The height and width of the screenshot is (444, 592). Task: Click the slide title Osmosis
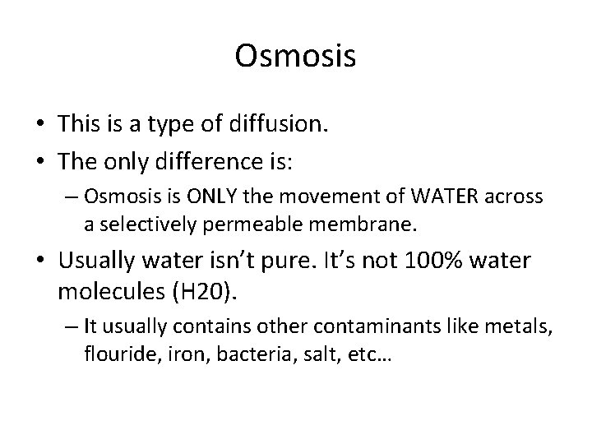295,56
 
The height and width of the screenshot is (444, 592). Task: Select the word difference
223,160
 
